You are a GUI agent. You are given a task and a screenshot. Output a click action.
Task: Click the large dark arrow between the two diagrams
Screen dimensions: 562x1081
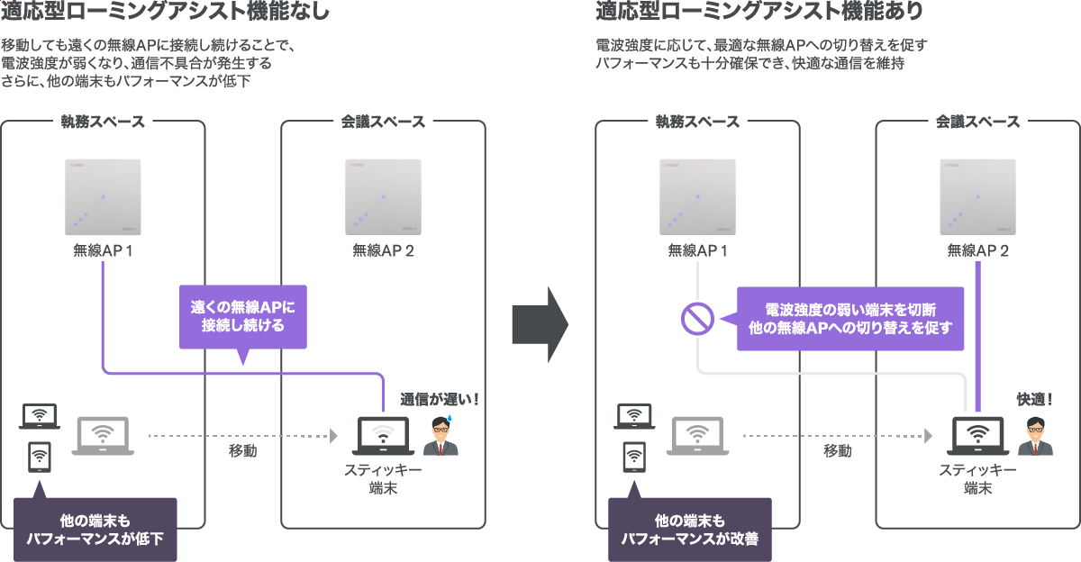click(539, 324)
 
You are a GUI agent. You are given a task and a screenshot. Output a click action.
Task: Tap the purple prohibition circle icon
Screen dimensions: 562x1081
click(696, 317)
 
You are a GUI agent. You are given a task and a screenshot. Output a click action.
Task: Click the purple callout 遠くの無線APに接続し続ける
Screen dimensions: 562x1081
click(243, 316)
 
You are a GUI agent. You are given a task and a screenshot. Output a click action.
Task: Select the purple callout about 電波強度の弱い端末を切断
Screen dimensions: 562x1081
click(850, 318)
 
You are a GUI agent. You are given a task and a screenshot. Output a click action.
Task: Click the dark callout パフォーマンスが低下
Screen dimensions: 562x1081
click(95, 530)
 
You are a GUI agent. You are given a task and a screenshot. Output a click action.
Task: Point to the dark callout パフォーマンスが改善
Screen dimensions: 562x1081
click(690, 530)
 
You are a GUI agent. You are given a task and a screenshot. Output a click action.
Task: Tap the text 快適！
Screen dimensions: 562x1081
click(1035, 398)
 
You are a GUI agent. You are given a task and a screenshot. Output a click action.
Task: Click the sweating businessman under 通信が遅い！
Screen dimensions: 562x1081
click(441, 437)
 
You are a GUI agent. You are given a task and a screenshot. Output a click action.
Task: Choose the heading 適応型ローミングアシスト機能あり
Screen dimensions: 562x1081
click(759, 13)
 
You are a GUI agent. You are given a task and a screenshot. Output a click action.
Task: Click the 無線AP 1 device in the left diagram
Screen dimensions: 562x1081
click(103, 196)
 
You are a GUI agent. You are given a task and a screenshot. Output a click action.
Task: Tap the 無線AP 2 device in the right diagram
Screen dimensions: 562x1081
click(977, 196)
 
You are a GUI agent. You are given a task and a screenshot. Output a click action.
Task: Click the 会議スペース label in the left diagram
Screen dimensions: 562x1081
click(383, 122)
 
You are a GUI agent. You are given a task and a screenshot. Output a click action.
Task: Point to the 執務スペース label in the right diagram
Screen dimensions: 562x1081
click(697, 122)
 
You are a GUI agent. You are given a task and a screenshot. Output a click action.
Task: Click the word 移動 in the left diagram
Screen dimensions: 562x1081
click(242, 450)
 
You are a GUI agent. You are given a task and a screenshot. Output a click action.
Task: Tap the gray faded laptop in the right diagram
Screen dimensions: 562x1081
click(697, 436)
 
